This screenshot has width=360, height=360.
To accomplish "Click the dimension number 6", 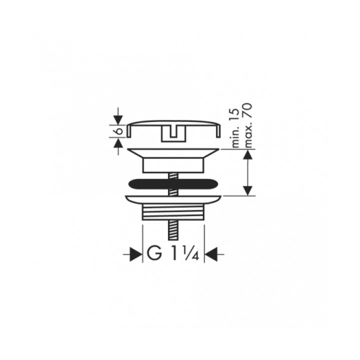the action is [119, 131].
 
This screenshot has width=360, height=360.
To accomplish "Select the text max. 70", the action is [248, 125].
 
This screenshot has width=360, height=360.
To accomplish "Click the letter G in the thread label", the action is [154, 253].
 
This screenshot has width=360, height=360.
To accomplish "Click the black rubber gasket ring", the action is [173, 183].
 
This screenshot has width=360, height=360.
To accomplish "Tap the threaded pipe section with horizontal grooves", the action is [173, 212].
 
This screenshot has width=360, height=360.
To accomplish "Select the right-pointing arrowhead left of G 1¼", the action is [135, 254].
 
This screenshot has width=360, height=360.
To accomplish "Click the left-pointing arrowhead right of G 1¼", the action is [211, 254].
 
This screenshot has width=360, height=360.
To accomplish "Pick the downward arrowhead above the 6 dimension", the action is [118, 120].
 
